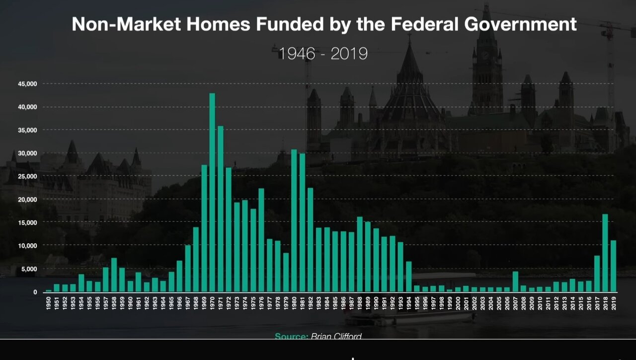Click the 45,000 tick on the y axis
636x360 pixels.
[x=27, y=84]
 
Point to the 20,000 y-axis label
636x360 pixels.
[x=27, y=200]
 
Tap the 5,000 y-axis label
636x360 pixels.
[x=29, y=269]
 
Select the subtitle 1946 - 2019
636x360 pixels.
[x=323, y=53]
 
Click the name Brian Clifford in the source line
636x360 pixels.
[x=336, y=336]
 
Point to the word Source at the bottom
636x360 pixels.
[x=291, y=336]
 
